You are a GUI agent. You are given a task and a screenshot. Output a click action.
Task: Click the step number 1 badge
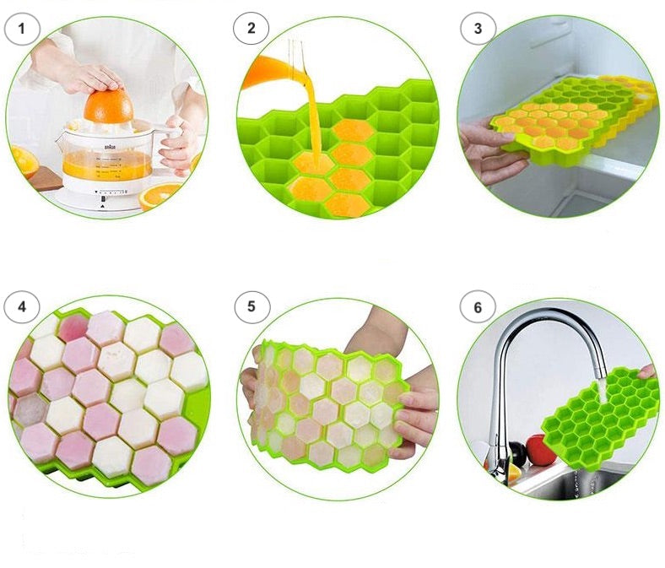point(22,29)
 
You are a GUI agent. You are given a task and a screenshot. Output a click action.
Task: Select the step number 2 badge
point(251,28)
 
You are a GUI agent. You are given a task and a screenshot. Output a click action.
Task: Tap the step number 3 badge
point(478,29)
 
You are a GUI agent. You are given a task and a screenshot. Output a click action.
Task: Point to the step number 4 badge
point(22,306)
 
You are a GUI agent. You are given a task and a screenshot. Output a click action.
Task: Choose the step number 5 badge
point(251,306)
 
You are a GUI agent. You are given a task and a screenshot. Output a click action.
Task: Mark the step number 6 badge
point(478,307)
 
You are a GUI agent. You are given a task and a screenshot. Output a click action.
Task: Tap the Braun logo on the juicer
point(108,146)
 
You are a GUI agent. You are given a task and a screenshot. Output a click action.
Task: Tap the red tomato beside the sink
point(540,450)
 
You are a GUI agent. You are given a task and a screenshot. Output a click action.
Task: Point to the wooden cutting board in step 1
point(46,178)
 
